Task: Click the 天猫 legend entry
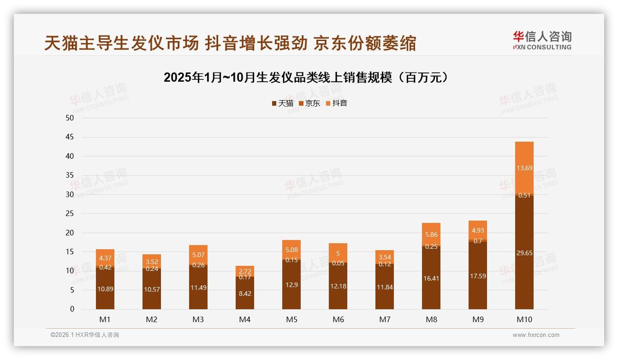click(x=282, y=103)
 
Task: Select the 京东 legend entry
click(x=309, y=103)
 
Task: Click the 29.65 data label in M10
click(x=524, y=253)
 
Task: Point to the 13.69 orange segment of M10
click(x=524, y=168)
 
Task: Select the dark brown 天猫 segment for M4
click(x=245, y=293)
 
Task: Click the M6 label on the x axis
click(x=338, y=319)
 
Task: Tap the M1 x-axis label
click(x=105, y=319)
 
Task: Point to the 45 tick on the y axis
click(x=70, y=137)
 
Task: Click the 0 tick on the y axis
click(x=72, y=309)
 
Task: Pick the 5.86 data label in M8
click(x=431, y=234)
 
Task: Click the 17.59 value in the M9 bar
click(x=478, y=276)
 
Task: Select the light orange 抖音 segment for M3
click(x=198, y=255)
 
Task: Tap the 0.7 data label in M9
click(x=478, y=240)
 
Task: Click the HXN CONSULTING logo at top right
click(x=542, y=41)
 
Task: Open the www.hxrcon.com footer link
click(x=536, y=335)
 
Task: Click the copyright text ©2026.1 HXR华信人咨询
click(x=85, y=335)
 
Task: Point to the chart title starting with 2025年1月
click(x=306, y=78)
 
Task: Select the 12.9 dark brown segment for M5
click(x=291, y=285)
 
